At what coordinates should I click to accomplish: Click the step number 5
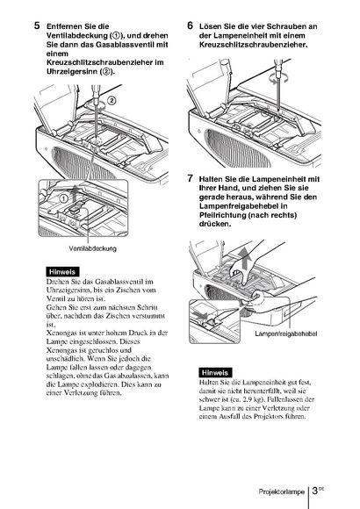38,25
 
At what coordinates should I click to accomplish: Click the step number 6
190,25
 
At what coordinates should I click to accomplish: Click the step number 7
190,178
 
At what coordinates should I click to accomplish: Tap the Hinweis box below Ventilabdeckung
62,272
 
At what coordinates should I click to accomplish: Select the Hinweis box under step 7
215,372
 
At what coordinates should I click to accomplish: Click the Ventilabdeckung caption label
92,248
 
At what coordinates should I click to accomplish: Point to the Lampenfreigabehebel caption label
286,333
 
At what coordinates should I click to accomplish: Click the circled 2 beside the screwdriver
112,100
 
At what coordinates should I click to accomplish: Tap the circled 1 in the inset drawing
64,197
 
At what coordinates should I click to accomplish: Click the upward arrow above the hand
247,259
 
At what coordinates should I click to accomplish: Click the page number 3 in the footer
314,491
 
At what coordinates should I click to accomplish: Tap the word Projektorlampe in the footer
281,491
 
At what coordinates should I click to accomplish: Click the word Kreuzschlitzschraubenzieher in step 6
254,45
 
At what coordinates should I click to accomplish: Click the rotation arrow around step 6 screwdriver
278,79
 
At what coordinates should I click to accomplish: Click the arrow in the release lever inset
200,314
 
